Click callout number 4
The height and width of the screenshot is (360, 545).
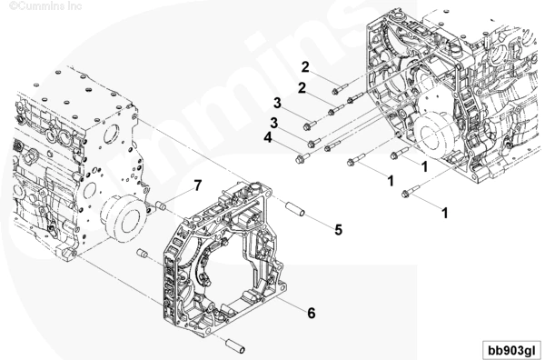pyautogui.click(x=268, y=138)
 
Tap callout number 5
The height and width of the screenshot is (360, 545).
pyautogui.click(x=339, y=230)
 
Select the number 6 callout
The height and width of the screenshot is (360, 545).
pyautogui.click(x=311, y=313)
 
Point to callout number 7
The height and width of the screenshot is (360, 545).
pyautogui.click(x=198, y=185)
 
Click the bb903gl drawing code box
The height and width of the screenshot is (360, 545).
pyautogui.click(x=512, y=350)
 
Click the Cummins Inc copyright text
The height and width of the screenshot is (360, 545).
pyautogui.click(x=45, y=5)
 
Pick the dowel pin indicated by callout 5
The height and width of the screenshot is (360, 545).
pyautogui.click(x=295, y=208)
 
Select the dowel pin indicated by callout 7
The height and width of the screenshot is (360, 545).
pyautogui.click(x=160, y=205)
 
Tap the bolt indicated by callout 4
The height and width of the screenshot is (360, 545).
pyautogui.click(x=302, y=158)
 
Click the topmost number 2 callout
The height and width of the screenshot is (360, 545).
pyautogui.click(x=305, y=67)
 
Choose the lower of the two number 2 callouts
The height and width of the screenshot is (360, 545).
pyautogui.click(x=302, y=88)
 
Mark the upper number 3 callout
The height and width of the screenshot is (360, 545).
pyautogui.click(x=277, y=103)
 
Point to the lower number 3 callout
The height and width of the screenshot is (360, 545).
pyautogui.click(x=274, y=123)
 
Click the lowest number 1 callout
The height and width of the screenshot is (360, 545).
pyautogui.click(x=444, y=213)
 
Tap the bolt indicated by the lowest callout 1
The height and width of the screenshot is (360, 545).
pyautogui.click(x=411, y=192)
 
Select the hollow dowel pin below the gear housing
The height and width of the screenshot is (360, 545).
pyautogui.click(x=235, y=345)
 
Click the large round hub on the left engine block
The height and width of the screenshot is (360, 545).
pyautogui.click(x=123, y=218)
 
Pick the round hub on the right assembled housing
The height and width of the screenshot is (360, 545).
pyautogui.click(x=432, y=134)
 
